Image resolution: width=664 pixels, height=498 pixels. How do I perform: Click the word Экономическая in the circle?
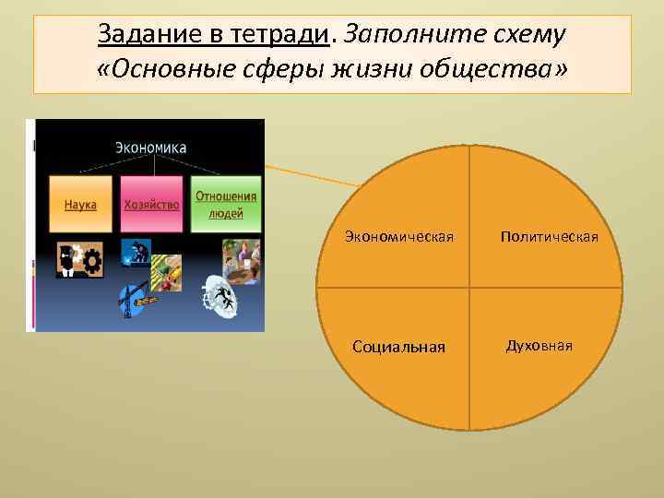click(399, 237)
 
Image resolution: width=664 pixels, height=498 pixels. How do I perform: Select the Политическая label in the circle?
click(549, 237)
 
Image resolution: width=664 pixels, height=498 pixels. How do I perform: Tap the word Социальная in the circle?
click(399, 347)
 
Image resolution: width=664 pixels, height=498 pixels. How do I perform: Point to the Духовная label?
click(539, 345)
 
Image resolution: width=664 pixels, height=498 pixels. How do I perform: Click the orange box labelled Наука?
click(80, 204)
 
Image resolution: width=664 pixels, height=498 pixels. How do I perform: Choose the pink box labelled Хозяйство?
click(151, 204)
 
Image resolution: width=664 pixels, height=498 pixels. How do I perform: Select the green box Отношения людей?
click(226, 204)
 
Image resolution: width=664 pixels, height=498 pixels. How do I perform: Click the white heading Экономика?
click(150, 147)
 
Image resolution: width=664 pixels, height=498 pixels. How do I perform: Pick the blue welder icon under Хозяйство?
click(135, 252)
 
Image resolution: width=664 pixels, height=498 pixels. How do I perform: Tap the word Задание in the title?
click(136, 35)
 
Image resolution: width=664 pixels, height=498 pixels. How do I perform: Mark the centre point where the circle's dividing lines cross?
click(469, 288)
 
